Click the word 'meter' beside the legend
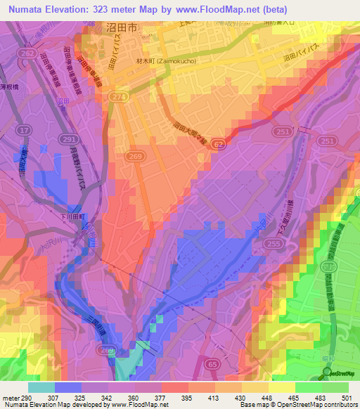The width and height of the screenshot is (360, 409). click(9, 398)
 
